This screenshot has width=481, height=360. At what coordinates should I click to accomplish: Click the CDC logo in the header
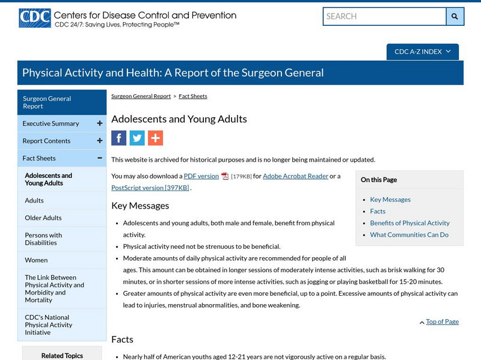pyautogui.click(x=34, y=18)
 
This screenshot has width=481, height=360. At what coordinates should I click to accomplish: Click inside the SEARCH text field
pyautogui.click(x=384, y=16)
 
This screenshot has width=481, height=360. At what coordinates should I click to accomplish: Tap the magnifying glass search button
pyautogui.click(x=455, y=16)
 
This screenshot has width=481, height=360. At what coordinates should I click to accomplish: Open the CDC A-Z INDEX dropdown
pyautogui.click(x=422, y=52)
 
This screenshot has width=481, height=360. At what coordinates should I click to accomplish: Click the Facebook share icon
pyautogui.click(x=119, y=138)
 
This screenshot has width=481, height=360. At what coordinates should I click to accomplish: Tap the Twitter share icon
pyautogui.click(x=137, y=138)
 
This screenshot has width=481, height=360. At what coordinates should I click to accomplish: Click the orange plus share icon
pyautogui.click(x=155, y=138)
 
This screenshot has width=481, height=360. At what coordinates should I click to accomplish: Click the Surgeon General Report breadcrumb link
pyautogui.click(x=141, y=96)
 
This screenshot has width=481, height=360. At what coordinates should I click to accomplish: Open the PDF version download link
pyautogui.click(x=201, y=176)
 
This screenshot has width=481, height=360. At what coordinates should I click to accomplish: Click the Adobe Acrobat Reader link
pyautogui.click(x=295, y=176)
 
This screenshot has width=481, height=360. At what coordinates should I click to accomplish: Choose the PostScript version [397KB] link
pyautogui.click(x=150, y=188)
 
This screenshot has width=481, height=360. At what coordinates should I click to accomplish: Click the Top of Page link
pyautogui.click(x=442, y=322)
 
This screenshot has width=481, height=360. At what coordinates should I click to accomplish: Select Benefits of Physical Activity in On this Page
pyautogui.click(x=409, y=223)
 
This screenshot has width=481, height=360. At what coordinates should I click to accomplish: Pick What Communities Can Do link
pyautogui.click(x=409, y=235)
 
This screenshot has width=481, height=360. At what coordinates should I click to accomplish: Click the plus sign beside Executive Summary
pyautogui.click(x=99, y=124)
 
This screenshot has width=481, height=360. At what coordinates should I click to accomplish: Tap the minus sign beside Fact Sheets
pyautogui.click(x=99, y=159)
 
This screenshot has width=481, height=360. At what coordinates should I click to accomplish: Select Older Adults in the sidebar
pyautogui.click(x=43, y=218)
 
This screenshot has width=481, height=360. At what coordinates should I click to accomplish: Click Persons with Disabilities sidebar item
pyautogui.click(x=43, y=239)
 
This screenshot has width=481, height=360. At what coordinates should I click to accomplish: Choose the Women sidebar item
pyautogui.click(x=35, y=260)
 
